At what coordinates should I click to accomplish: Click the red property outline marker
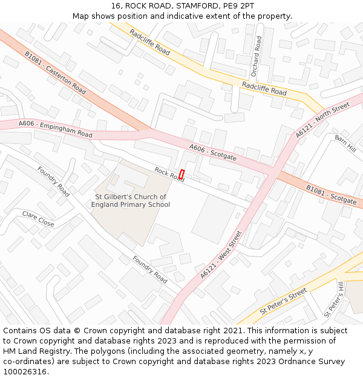(x=181, y=174)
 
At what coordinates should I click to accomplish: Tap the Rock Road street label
(x=169, y=174)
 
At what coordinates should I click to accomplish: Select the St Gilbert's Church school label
(x=130, y=201)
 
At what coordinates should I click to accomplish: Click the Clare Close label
(x=38, y=219)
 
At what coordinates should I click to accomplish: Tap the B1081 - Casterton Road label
(x=55, y=71)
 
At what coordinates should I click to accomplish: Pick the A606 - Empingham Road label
(x=55, y=129)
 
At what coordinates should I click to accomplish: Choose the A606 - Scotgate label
(x=212, y=152)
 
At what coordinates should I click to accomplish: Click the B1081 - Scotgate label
(x=331, y=195)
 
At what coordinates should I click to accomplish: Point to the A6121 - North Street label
(x=322, y=120)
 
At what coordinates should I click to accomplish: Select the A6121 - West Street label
(x=221, y=254)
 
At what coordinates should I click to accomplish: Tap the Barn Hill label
(x=345, y=143)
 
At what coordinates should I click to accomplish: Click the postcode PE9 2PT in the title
(x=238, y=5)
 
